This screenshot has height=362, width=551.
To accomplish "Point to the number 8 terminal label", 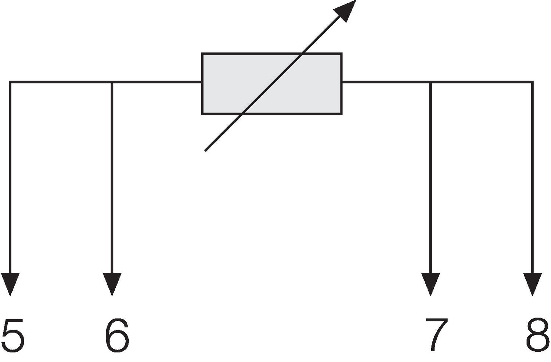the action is pyautogui.click(x=537, y=335).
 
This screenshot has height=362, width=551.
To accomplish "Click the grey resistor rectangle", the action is pyautogui.click(x=272, y=84).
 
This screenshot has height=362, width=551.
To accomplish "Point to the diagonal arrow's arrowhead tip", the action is pyautogui.click(x=355, y=1).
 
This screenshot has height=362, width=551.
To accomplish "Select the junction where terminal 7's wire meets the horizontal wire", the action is pyautogui.click(x=430, y=82).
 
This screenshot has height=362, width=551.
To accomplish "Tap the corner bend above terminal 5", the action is pyautogui.click(x=10, y=82).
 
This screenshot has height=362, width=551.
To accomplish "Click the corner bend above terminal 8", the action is pyautogui.click(x=532, y=82).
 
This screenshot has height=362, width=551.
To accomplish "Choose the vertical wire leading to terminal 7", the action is pyautogui.click(x=430, y=176).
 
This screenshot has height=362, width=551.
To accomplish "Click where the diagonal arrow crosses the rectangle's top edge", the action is pyautogui.click(x=302, y=54).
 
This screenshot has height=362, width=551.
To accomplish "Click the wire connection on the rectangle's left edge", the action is pyautogui.click(x=202, y=82).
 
